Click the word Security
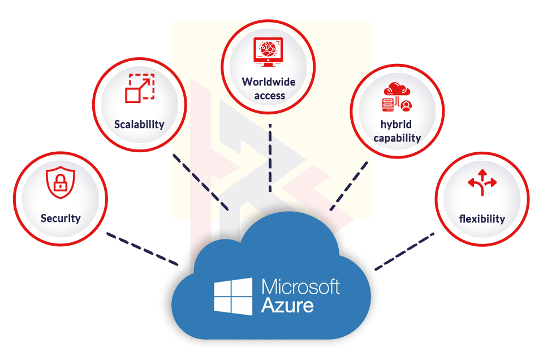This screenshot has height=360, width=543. tap(61, 218)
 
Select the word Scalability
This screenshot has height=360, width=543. tap(139, 124)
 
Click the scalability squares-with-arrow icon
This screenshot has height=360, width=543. tap(139, 88)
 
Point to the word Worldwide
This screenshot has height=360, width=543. tap(269, 82)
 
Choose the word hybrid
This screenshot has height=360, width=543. tap(397, 125)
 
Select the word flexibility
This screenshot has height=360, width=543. tap(482, 218)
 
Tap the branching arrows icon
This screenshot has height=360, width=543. tap(482, 182)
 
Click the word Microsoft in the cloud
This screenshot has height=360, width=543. tap(300, 287)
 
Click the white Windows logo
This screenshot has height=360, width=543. tap(233, 296)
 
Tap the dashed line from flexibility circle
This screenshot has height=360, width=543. tap(404, 249)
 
